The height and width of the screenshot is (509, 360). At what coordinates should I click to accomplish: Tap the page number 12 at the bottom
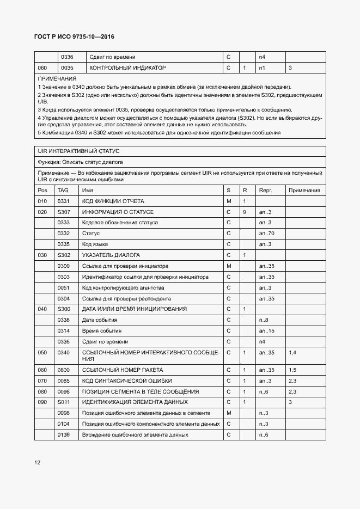click(x=38, y=463)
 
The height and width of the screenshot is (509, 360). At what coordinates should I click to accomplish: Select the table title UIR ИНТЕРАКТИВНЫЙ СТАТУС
click(x=78, y=151)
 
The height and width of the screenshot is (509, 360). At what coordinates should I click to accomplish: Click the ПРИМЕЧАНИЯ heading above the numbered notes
click(x=57, y=79)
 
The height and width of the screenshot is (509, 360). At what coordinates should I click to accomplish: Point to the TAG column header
click(x=63, y=191)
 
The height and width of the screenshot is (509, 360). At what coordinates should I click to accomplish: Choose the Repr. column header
click(x=265, y=191)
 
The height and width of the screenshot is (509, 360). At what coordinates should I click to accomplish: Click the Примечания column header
click(x=304, y=191)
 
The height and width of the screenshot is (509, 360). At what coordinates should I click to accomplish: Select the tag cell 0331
click(x=64, y=201)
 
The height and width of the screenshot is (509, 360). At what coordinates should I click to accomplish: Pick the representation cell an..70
click(x=266, y=234)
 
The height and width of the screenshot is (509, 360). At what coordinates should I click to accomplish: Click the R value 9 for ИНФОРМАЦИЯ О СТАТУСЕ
click(x=245, y=212)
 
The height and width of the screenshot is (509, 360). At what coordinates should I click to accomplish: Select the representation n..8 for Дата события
click(x=264, y=320)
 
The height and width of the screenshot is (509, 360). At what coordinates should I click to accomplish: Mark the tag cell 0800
click(x=64, y=370)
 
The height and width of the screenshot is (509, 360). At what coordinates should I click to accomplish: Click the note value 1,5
click(x=292, y=370)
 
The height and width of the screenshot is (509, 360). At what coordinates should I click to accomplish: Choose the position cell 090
click(x=42, y=402)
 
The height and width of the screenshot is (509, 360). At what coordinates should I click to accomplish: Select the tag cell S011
click(x=64, y=402)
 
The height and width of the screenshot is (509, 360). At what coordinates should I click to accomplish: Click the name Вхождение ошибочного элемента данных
click(x=135, y=435)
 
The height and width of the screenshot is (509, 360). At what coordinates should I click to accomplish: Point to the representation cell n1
click(x=262, y=68)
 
